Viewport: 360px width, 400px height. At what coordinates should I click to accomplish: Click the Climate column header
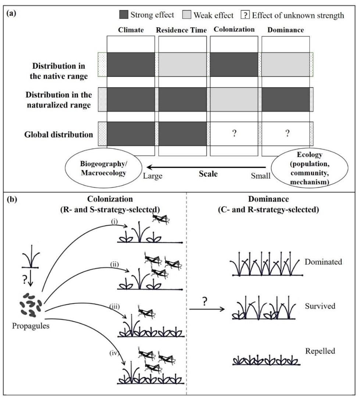pos(131,30)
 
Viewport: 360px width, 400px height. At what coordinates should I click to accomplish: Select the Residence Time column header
pos(182,30)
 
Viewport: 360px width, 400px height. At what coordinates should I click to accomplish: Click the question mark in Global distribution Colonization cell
pos(234,134)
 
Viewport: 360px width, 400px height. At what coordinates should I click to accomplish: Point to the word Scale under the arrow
pos(208,174)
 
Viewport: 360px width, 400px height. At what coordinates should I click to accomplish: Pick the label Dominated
pos(323,262)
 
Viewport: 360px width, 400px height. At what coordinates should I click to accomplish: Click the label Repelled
pos(320,351)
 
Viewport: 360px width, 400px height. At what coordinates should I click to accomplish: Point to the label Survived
pos(320,306)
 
